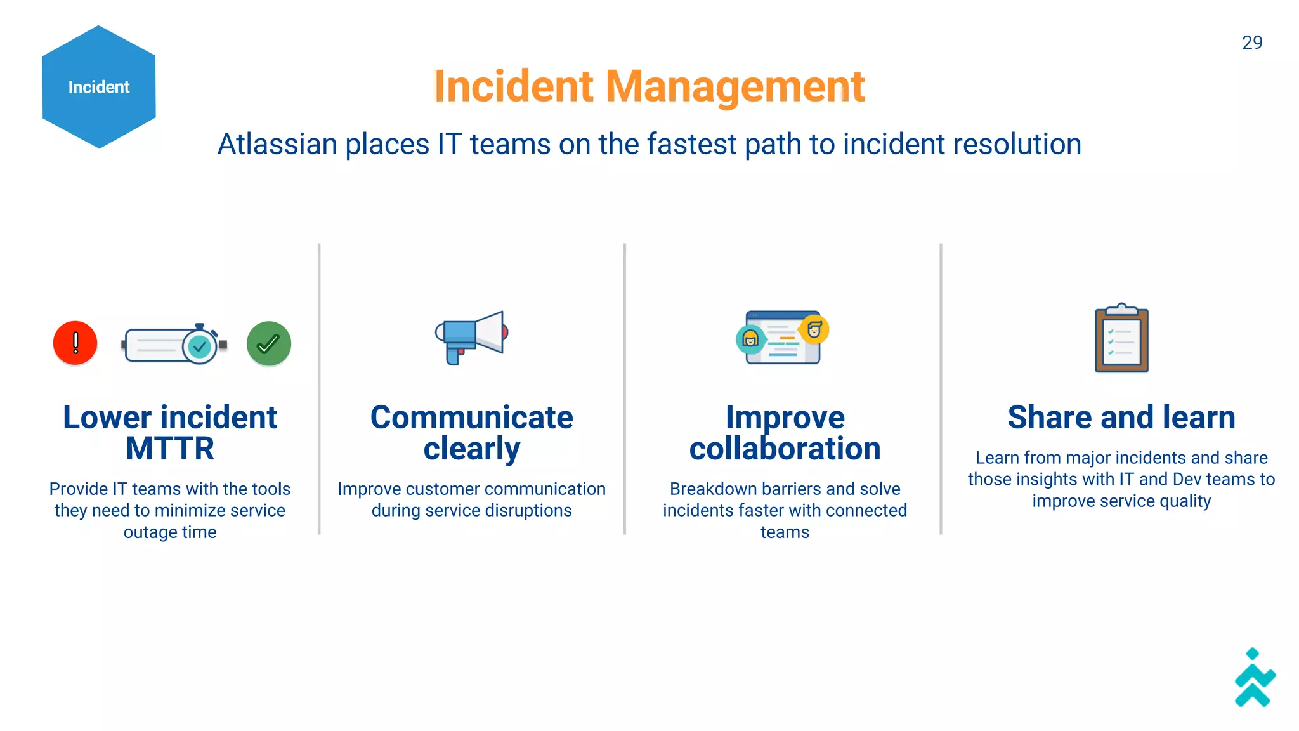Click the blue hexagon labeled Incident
(x=99, y=87)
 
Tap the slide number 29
(x=1251, y=43)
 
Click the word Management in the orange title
(x=735, y=86)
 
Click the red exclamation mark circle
(x=75, y=343)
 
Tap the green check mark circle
(x=269, y=343)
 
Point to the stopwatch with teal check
(x=199, y=345)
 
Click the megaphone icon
(x=472, y=336)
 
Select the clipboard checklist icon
(x=1121, y=338)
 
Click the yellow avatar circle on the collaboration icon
(x=814, y=329)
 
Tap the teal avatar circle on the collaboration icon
(x=750, y=339)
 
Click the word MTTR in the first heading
(x=170, y=449)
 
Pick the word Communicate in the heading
(x=471, y=418)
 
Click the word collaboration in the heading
(x=785, y=449)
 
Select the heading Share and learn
(x=1121, y=418)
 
